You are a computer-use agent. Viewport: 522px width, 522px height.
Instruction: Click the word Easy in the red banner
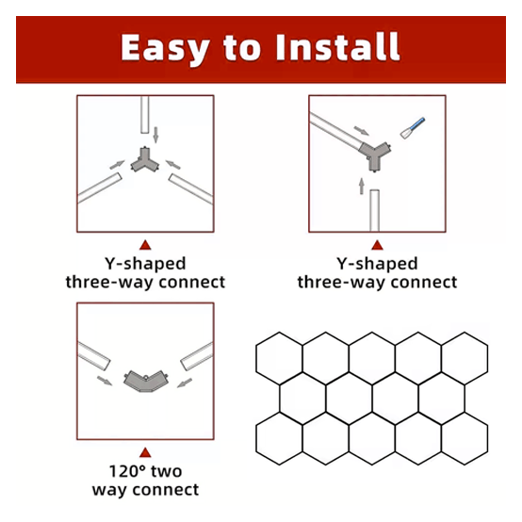point(171,46)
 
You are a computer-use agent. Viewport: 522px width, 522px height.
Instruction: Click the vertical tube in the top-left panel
point(145,117)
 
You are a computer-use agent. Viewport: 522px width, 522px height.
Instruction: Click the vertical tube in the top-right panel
point(376,209)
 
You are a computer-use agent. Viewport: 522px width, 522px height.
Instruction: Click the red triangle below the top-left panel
point(145,244)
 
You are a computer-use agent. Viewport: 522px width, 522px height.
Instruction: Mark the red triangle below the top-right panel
point(377,244)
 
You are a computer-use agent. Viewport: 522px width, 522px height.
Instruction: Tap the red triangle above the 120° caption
point(145,451)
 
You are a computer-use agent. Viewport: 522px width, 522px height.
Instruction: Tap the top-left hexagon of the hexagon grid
point(279,357)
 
